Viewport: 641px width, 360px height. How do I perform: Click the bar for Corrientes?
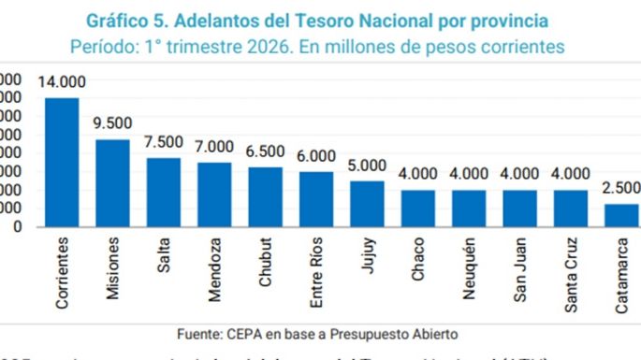[x=62, y=162]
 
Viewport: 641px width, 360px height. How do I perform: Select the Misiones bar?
[x=112, y=182]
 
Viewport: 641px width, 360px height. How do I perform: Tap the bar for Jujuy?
[x=367, y=203]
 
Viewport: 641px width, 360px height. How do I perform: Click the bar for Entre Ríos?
[x=316, y=198]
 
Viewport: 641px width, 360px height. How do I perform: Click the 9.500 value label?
[x=112, y=124]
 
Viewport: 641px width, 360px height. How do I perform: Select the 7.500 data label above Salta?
[x=164, y=142]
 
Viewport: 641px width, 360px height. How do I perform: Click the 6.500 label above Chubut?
[x=266, y=151]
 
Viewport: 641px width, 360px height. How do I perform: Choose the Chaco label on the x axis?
[x=418, y=262]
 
